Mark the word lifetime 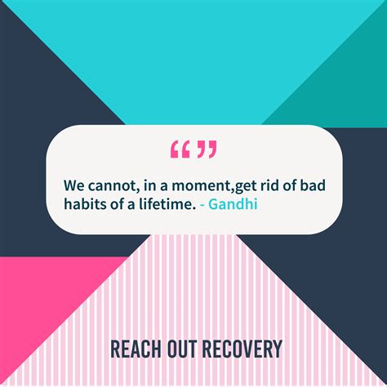coord(168,203)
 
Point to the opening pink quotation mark coord(180,149)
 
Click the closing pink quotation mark coord(207,149)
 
